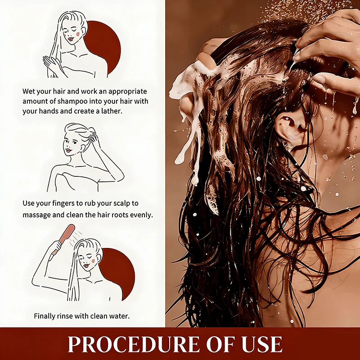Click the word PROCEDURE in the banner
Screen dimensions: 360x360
pyautogui.click(x=133, y=344)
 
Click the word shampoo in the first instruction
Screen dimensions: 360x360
pyautogui.click(x=72, y=102)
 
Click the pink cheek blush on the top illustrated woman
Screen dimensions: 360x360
pyautogui.click(x=78, y=33)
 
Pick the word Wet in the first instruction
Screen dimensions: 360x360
pyautogui.click(x=28, y=91)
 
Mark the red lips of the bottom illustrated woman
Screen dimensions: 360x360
pyautogui.click(x=86, y=265)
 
